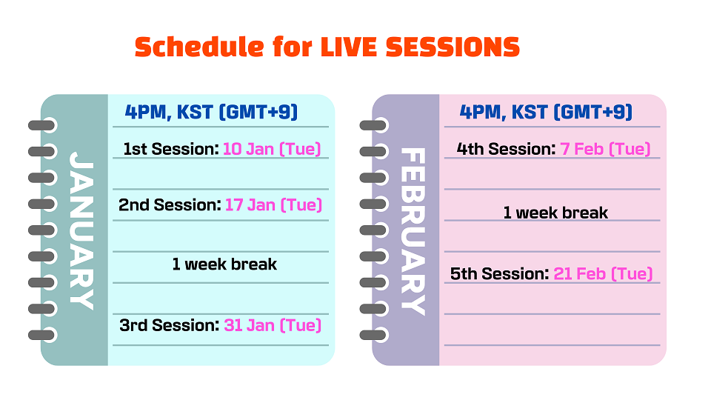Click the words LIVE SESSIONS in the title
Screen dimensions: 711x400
tap(420, 47)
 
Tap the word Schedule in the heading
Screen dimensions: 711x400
tap(199, 47)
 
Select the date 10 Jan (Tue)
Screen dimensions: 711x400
tap(272, 149)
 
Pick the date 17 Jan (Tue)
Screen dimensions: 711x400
tap(273, 204)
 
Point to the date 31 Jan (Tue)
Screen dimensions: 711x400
tap(273, 325)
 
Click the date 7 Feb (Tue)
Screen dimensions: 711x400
tap(605, 149)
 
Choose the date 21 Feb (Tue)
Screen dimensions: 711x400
tap(603, 273)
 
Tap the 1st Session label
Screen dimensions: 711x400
tap(171, 149)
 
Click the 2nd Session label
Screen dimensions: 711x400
tap(170, 204)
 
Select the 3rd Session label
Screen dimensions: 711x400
tap(170, 325)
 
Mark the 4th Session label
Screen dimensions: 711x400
tap(506, 149)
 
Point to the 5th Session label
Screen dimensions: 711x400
tap(500, 273)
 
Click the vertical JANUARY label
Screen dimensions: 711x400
tap(81, 230)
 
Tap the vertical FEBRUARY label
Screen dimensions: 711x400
tap(413, 231)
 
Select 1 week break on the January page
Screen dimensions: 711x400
tap(224, 264)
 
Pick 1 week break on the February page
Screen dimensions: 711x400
tap(555, 213)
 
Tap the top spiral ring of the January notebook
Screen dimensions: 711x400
tap(42, 125)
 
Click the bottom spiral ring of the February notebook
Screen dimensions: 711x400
tap(373, 335)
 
